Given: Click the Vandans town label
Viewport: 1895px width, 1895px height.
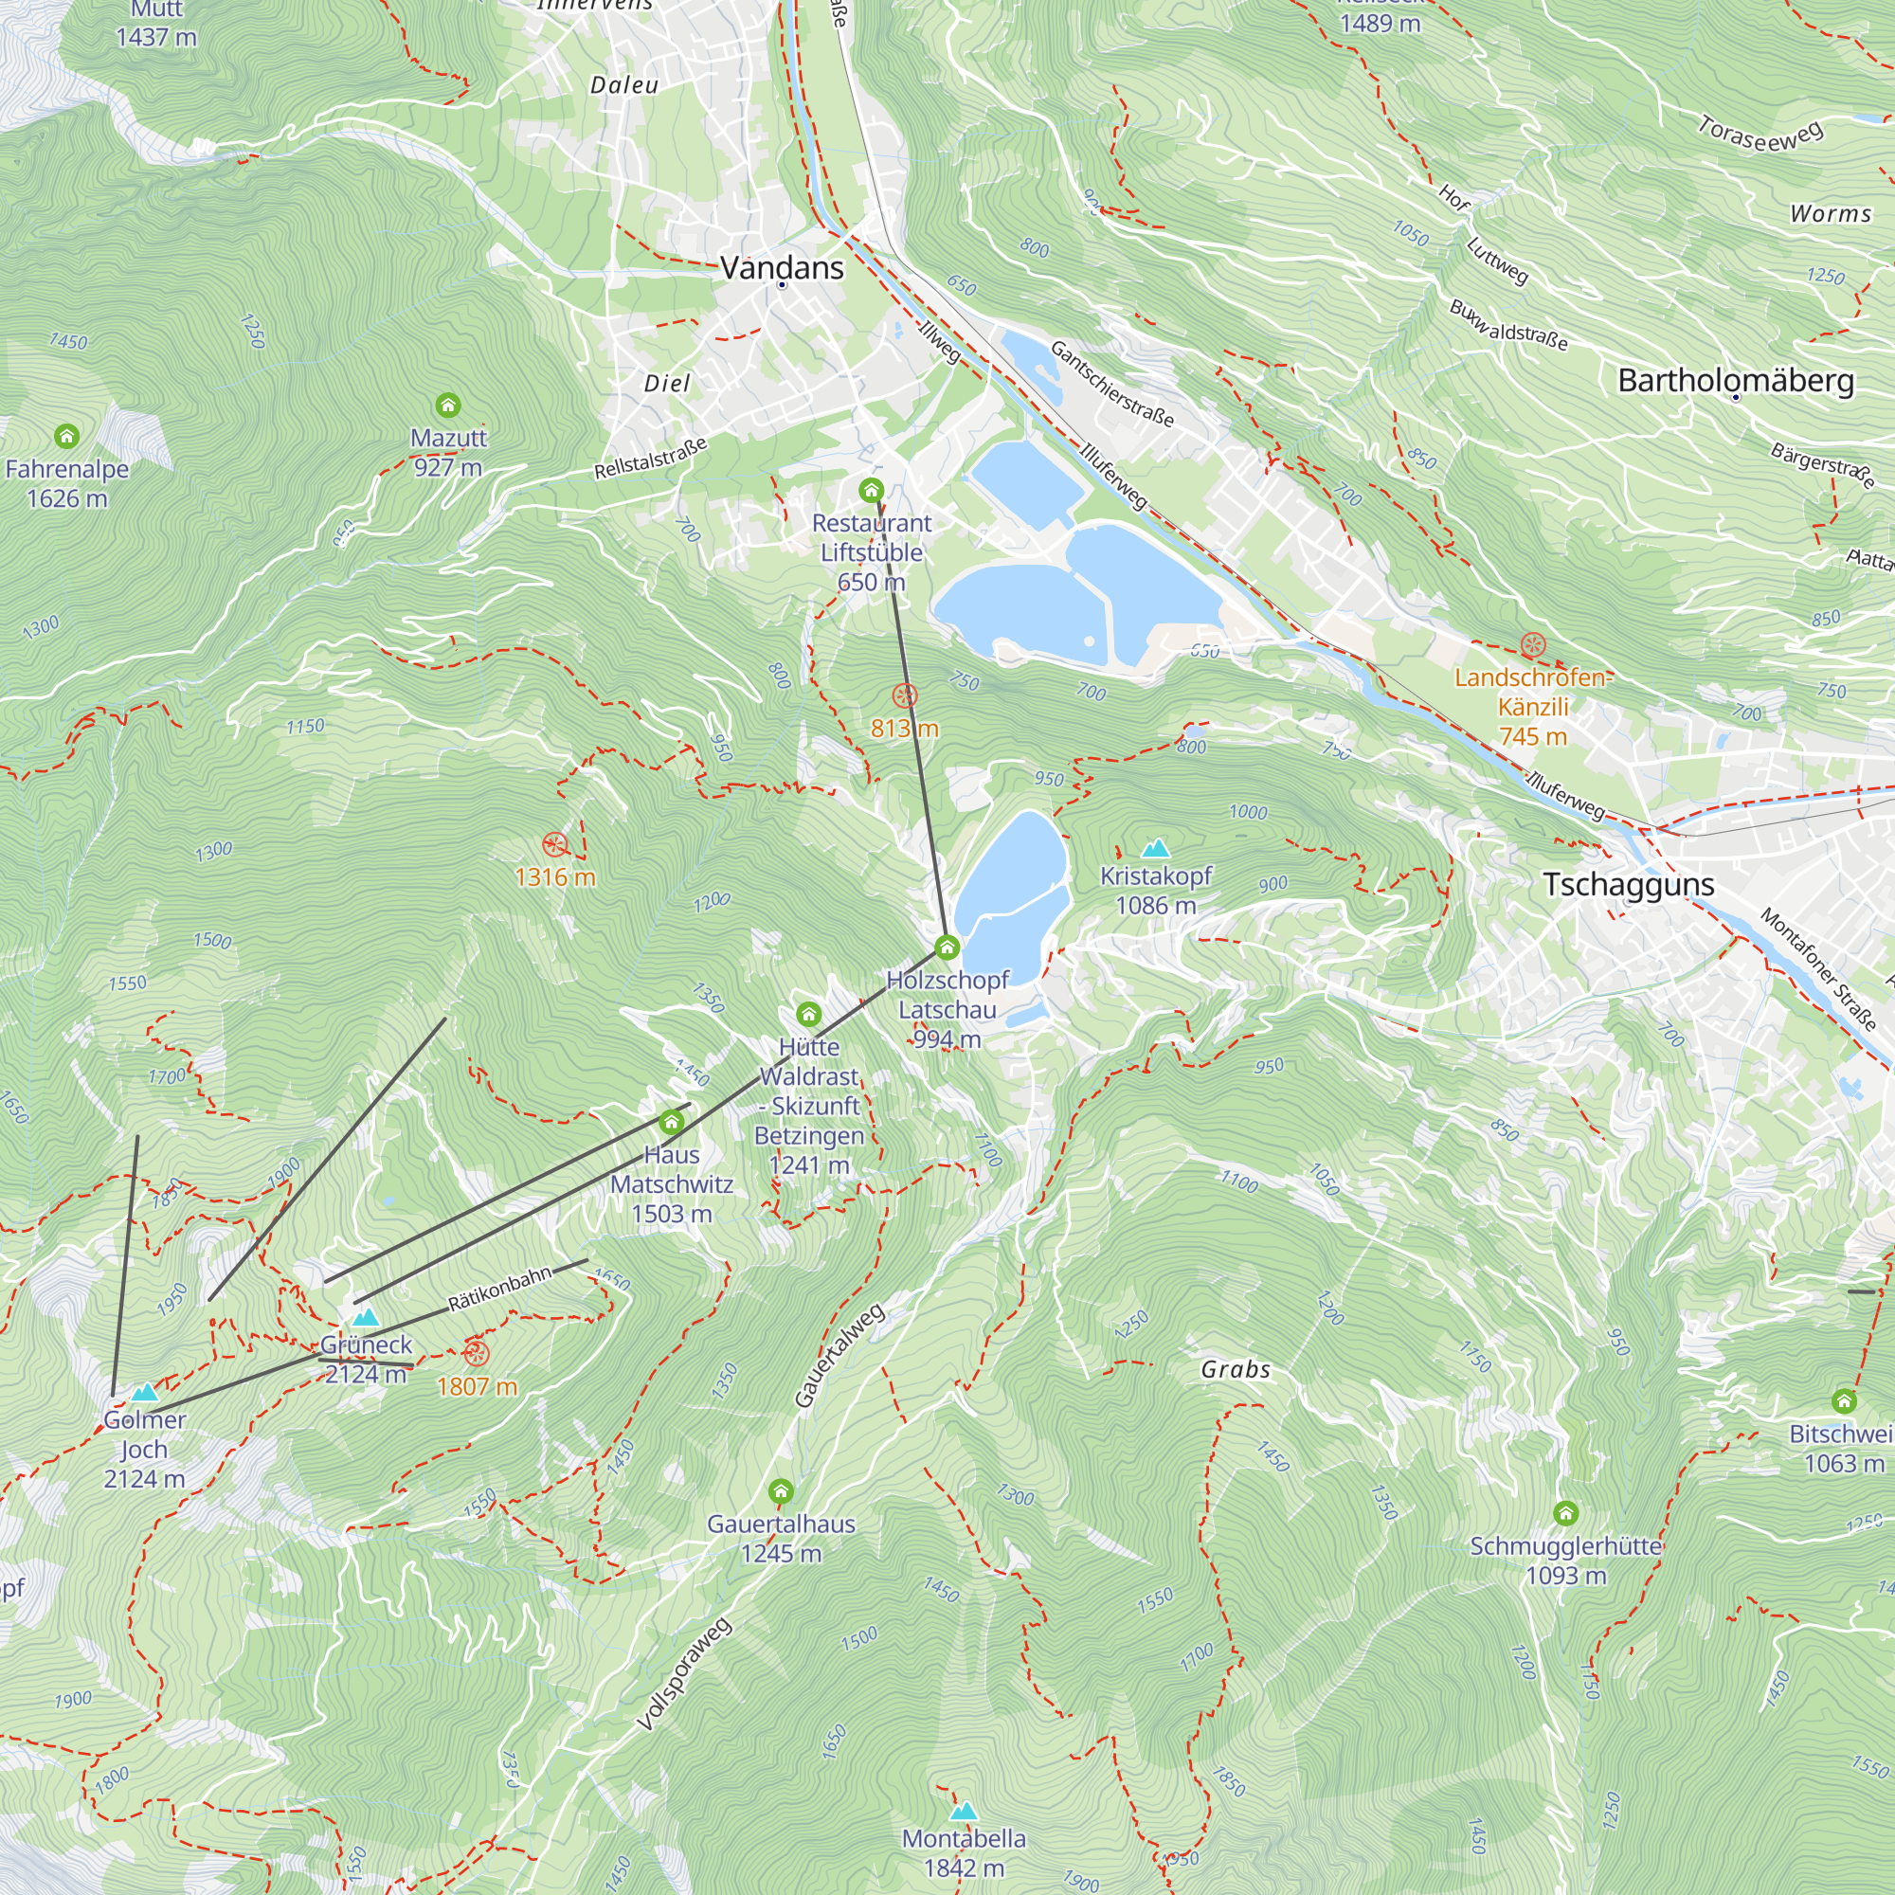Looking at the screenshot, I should (x=782, y=267).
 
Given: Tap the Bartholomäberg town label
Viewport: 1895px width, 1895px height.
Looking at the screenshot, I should (x=1735, y=380).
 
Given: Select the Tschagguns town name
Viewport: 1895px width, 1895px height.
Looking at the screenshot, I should (x=1628, y=884).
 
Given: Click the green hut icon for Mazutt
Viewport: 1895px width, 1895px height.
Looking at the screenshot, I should (x=447, y=405).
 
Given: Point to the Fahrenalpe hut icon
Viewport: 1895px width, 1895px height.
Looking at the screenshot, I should (x=66, y=435).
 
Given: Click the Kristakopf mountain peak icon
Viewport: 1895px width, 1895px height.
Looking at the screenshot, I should (x=1155, y=847).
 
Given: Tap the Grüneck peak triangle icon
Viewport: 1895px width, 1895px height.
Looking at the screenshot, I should (x=366, y=1316).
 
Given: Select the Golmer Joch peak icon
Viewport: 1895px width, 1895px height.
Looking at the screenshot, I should (x=145, y=1392).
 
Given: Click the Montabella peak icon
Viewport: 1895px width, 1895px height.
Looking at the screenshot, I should (x=964, y=1811).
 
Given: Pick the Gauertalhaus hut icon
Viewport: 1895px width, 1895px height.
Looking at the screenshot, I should (x=781, y=1492).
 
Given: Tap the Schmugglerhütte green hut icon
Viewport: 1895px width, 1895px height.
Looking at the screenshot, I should (x=1565, y=1513).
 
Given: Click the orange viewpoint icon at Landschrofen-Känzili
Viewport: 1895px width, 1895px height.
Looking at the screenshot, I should (x=1533, y=645).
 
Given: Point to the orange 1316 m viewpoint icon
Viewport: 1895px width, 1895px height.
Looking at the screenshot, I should (x=555, y=844).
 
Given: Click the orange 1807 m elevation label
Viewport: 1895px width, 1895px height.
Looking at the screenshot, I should (x=477, y=1386).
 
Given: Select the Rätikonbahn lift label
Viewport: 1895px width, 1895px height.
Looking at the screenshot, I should (x=500, y=1289).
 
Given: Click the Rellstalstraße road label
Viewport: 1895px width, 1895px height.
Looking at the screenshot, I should (x=650, y=459).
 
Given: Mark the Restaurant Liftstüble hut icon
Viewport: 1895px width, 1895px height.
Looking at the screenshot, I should (x=871, y=490).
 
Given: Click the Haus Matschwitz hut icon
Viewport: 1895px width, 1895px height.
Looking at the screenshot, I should (x=671, y=1121).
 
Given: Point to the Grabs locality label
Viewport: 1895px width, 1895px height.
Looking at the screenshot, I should (x=1235, y=1369).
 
